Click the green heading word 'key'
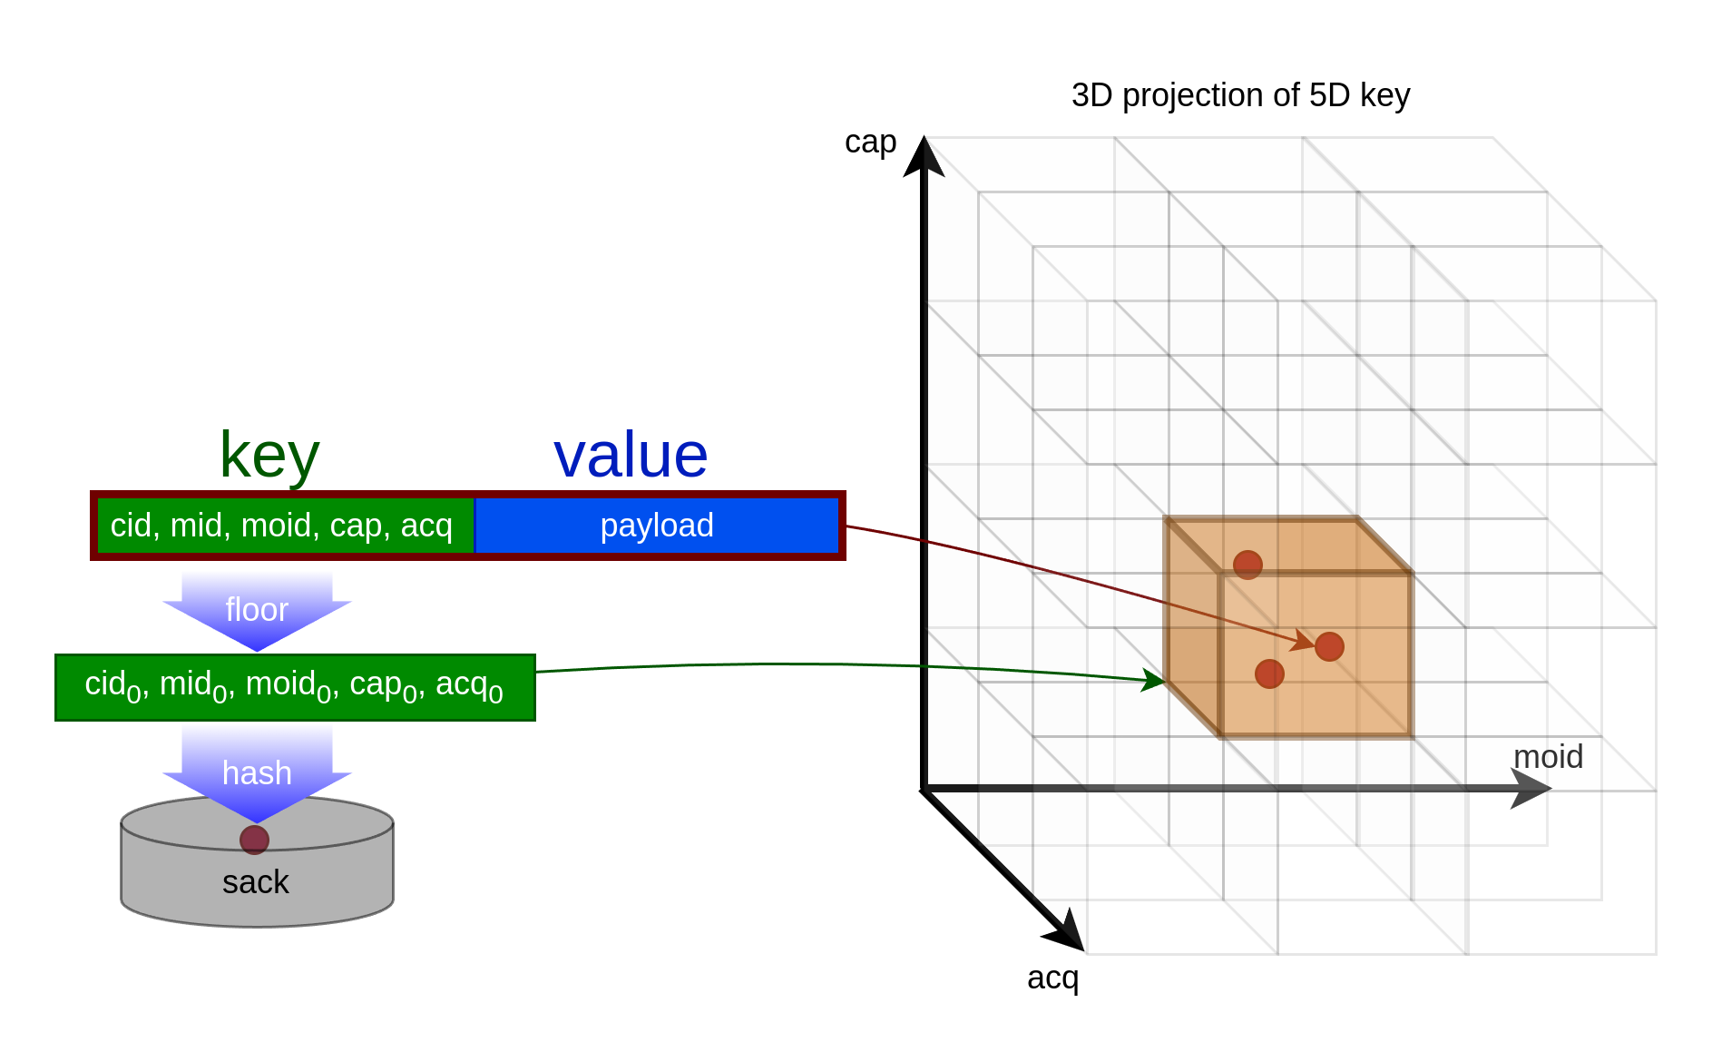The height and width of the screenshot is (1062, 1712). [x=269, y=457]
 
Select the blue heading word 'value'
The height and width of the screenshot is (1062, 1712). [x=631, y=456]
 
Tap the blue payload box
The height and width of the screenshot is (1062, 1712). [x=657, y=526]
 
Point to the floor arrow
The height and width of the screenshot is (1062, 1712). [x=257, y=611]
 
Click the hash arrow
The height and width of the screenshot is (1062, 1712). [x=257, y=773]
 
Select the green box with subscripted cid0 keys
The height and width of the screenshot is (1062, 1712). [x=295, y=687]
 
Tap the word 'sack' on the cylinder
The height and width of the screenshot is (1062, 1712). [x=256, y=882]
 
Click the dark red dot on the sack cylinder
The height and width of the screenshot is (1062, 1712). [x=254, y=840]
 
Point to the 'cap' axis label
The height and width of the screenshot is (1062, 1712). [x=870, y=143]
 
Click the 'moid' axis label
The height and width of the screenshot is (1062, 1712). [x=1548, y=756]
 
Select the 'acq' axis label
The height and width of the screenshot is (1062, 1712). [x=1052, y=978]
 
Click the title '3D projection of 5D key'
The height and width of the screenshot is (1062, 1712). [x=1240, y=95]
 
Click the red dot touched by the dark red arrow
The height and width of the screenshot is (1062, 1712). [x=1329, y=646]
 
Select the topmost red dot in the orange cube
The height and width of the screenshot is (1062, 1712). [x=1247, y=565]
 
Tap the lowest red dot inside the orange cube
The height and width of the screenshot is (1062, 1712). [x=1269, y=674]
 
